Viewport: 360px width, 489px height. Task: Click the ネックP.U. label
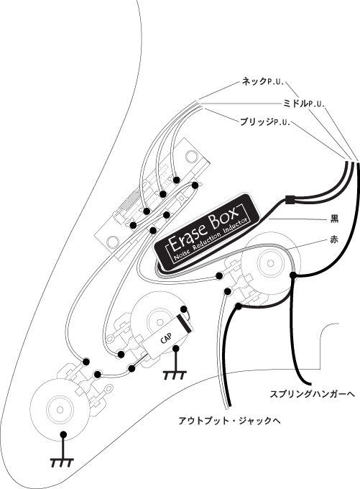click(262, 82)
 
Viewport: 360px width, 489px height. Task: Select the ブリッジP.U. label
click(265, 122)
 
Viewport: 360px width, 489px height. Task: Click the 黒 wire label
click(334, 219)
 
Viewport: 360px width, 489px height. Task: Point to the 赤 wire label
click(334, 240)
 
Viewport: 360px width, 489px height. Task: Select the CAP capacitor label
click(166, 338)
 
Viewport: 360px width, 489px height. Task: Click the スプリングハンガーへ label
click(312, 395)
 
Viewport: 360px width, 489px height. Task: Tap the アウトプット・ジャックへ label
click(229, 421)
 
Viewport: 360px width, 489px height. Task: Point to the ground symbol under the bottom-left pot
click(62, 463)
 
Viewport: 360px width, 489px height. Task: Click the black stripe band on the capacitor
click(185, 322)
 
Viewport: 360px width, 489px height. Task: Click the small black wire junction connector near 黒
click(290, 200)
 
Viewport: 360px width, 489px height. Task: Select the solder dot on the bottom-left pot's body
click(63, 434)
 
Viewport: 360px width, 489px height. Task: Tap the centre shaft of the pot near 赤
click(270, 263)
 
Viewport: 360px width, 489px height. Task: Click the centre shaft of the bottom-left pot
click(60, 409)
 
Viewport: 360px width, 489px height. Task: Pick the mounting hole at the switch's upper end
click(190, 155)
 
